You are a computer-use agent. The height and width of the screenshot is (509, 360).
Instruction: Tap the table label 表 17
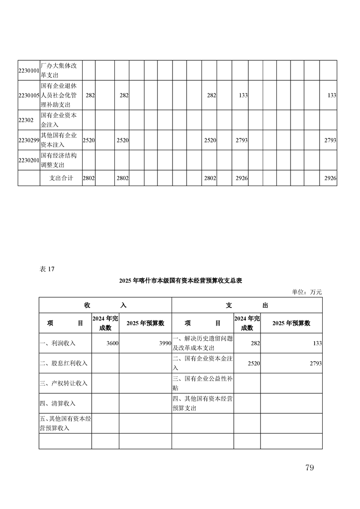coord(47,269)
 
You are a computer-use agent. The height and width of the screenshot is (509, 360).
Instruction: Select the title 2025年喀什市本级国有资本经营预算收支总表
coord(180,281)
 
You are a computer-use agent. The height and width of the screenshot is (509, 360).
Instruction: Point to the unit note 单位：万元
coord(307,292)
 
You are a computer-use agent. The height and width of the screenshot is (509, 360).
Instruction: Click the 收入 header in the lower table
coord(105,305)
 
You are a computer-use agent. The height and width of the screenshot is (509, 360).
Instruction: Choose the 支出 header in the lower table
coord(247,305)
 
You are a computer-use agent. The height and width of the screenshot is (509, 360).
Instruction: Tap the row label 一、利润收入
coord(58,343)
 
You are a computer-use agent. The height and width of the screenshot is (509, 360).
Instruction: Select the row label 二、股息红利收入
coord(64,363)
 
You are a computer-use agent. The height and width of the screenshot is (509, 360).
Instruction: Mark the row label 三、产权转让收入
coord(64,383)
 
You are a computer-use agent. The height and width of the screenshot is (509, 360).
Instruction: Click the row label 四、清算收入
coord(58,403)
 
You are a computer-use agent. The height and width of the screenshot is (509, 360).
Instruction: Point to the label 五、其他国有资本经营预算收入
coord(65,423)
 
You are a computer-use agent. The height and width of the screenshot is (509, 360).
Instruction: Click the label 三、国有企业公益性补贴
coord(202,383)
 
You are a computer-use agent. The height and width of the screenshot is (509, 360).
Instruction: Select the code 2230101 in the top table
coord(29,71)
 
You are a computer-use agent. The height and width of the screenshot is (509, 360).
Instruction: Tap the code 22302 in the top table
coord(26,120)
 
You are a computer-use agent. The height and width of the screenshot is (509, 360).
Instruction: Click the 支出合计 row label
coord(61,178)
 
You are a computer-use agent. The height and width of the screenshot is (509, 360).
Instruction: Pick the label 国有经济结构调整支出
coord(59,160)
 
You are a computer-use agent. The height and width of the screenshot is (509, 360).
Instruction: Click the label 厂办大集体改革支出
coord(59,71)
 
